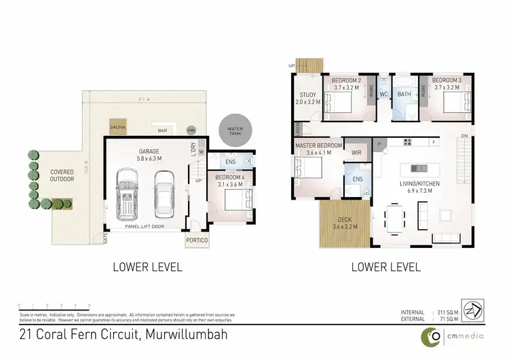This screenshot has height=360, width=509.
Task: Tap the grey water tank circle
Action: pyautogui.click(x=235, y=128)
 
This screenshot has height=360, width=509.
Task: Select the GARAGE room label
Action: pyautogui.click(x=145, y=153)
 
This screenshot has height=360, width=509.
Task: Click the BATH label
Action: pyautogui.click(x=404, y=94)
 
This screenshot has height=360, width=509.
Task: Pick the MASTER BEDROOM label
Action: pyautogui.click(x=318, y=145)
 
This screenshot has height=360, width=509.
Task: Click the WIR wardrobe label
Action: pyautogui.click(x=356, y=153)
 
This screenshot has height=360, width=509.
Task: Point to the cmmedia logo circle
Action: pyautogui.click(x=430, y=335)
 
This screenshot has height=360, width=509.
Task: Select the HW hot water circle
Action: pyautogui.click(x=191, y=130)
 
